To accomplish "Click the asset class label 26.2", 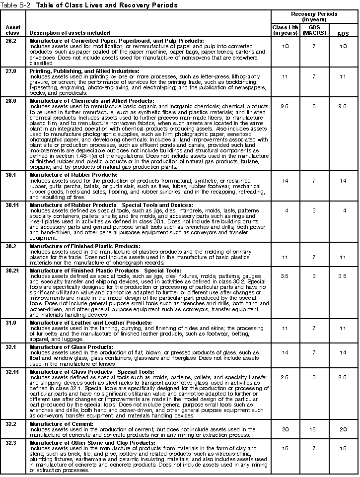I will (11, 40).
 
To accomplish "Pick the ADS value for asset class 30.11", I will (343, 210).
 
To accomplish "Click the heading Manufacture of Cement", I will (61, 424).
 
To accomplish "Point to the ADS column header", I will (343, 33).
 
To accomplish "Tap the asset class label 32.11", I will (13, 371).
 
